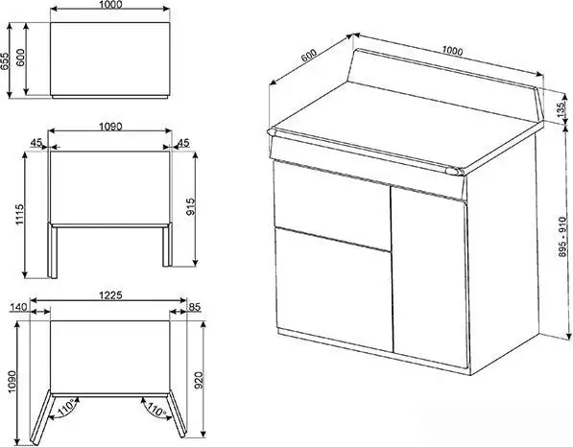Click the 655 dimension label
(x=5, y=61)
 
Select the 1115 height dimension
(x=19, y=214)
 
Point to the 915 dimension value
(x=191, y=206)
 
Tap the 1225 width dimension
(x=110, y=295)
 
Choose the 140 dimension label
(x=18, y=307)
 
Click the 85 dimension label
(x=195, y=307)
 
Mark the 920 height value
(x=199, y=380)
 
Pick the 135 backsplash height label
(x=561, y=110)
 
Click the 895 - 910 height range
(x=563, y=236)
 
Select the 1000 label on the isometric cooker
(x=452, y=51)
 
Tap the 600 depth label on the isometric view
(x=308, y=55)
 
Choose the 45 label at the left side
(x=36, y=142)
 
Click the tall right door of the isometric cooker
(x=430, y=277)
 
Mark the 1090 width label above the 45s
(x=110, y=127)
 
